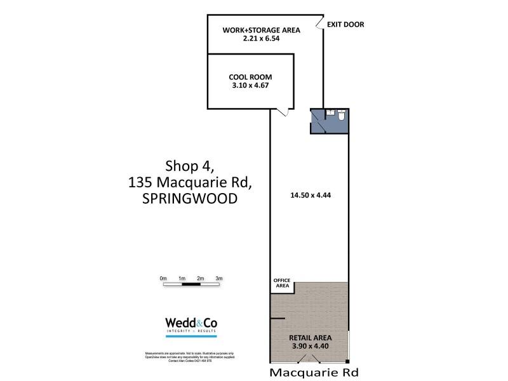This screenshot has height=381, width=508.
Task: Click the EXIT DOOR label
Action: click(345, 25)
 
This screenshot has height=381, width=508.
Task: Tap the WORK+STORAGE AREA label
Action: click(261, 29)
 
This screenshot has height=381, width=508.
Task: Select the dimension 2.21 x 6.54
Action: click(261, 38)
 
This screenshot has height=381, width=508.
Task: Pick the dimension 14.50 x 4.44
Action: click(309, 196)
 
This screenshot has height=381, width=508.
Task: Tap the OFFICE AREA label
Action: click(281, 283)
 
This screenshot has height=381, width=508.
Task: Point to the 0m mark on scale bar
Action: click(163, 279)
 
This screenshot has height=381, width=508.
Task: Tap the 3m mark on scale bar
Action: click(218, 279)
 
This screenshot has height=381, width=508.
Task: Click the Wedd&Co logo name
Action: click(190, 322)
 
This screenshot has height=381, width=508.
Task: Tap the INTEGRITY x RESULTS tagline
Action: click(190, 332)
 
